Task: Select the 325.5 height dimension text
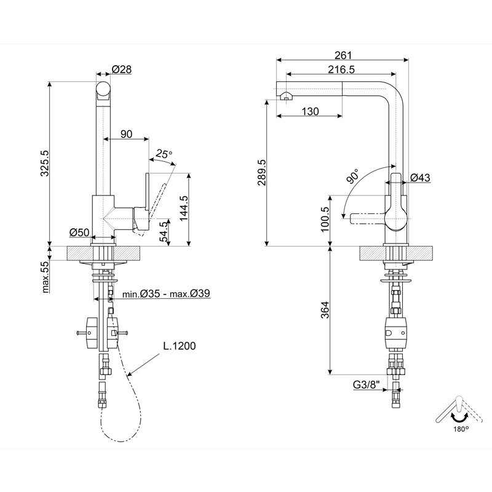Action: [44, 162]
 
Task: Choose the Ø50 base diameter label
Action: [80, 232]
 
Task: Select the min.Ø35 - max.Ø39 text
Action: [166, 294]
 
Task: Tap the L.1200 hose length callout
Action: [180, 346]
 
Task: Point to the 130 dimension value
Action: [311, 111]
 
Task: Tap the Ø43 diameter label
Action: [420, 178]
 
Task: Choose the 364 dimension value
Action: [326, 311]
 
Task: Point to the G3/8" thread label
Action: [368, 385]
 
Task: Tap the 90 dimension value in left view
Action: [127, 134]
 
